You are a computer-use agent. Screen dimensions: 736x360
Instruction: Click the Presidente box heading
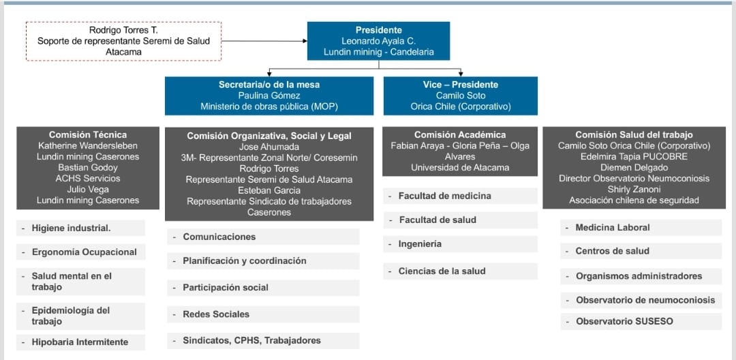378,30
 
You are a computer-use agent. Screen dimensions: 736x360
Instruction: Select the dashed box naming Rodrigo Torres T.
123,41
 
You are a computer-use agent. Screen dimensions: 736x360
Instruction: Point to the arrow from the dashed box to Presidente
264,41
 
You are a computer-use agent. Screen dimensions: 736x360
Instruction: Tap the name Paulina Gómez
269,95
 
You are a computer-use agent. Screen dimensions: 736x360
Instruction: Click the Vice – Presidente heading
460,85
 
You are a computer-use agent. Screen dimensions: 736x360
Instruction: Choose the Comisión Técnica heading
88,135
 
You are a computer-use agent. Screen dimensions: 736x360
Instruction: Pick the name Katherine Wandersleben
88,146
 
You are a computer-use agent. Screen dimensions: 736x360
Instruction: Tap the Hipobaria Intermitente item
80,342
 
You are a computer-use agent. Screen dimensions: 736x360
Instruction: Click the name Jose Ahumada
269,147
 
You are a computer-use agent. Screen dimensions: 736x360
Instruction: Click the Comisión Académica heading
460,135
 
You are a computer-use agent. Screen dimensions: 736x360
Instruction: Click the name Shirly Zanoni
634,189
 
